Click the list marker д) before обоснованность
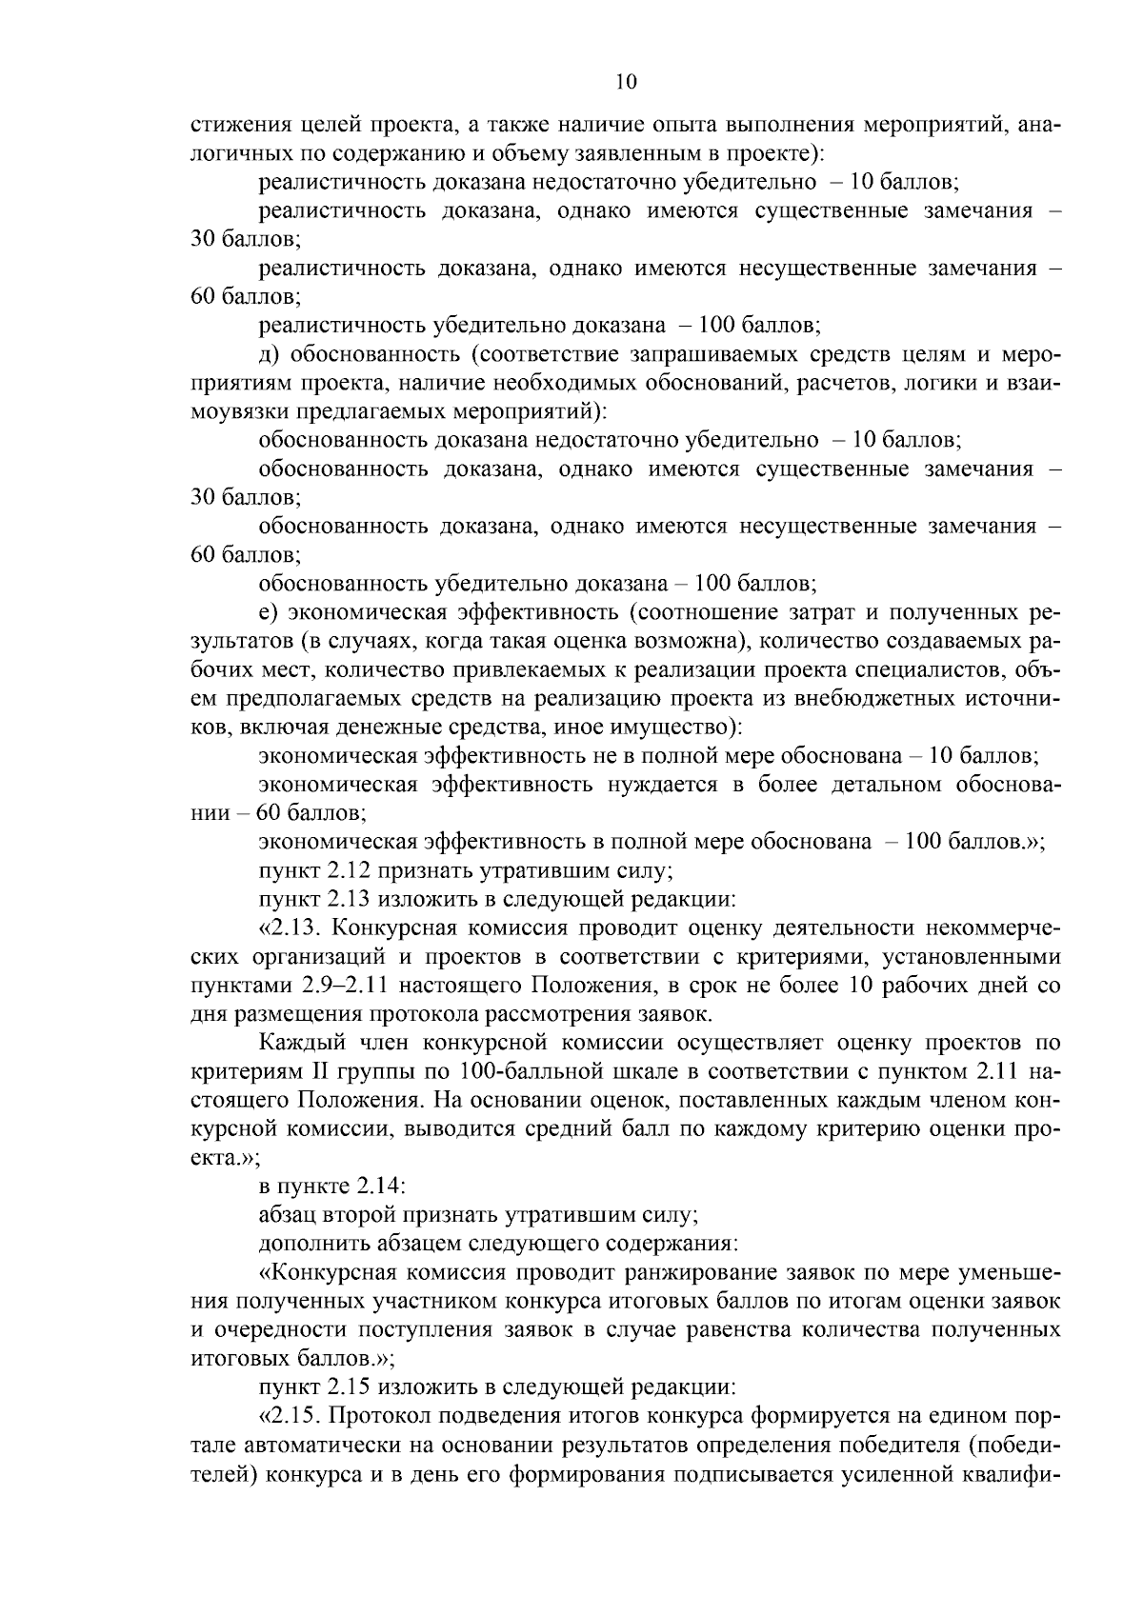(x=269, y=354)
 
